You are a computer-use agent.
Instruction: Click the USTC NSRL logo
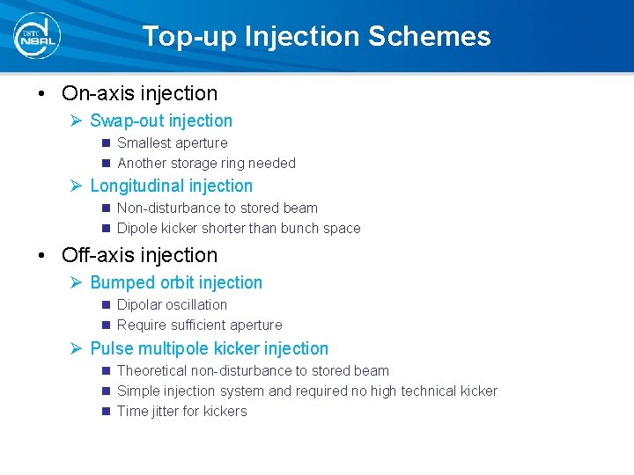(38, 36)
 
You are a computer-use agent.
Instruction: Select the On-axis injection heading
(139, 93)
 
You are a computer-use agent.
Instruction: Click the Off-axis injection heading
(139, 255)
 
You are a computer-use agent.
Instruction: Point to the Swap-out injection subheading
(161, 121)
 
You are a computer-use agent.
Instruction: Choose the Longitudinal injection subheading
(171, 186)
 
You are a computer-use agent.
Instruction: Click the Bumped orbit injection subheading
(176, 283)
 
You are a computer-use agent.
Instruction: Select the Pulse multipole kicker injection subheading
(209, 349)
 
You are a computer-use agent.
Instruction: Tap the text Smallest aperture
(172, 143)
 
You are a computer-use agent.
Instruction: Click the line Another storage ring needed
(206, 164)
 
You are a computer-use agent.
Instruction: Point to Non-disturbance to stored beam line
(217, 208)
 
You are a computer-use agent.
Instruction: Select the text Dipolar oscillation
(172, 305)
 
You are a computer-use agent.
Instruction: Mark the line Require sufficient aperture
(199, 325)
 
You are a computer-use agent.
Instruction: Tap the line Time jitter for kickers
(181, 412)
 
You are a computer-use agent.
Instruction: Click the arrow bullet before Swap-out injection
(77, 121)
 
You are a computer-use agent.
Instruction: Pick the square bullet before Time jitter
(106, 412)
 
